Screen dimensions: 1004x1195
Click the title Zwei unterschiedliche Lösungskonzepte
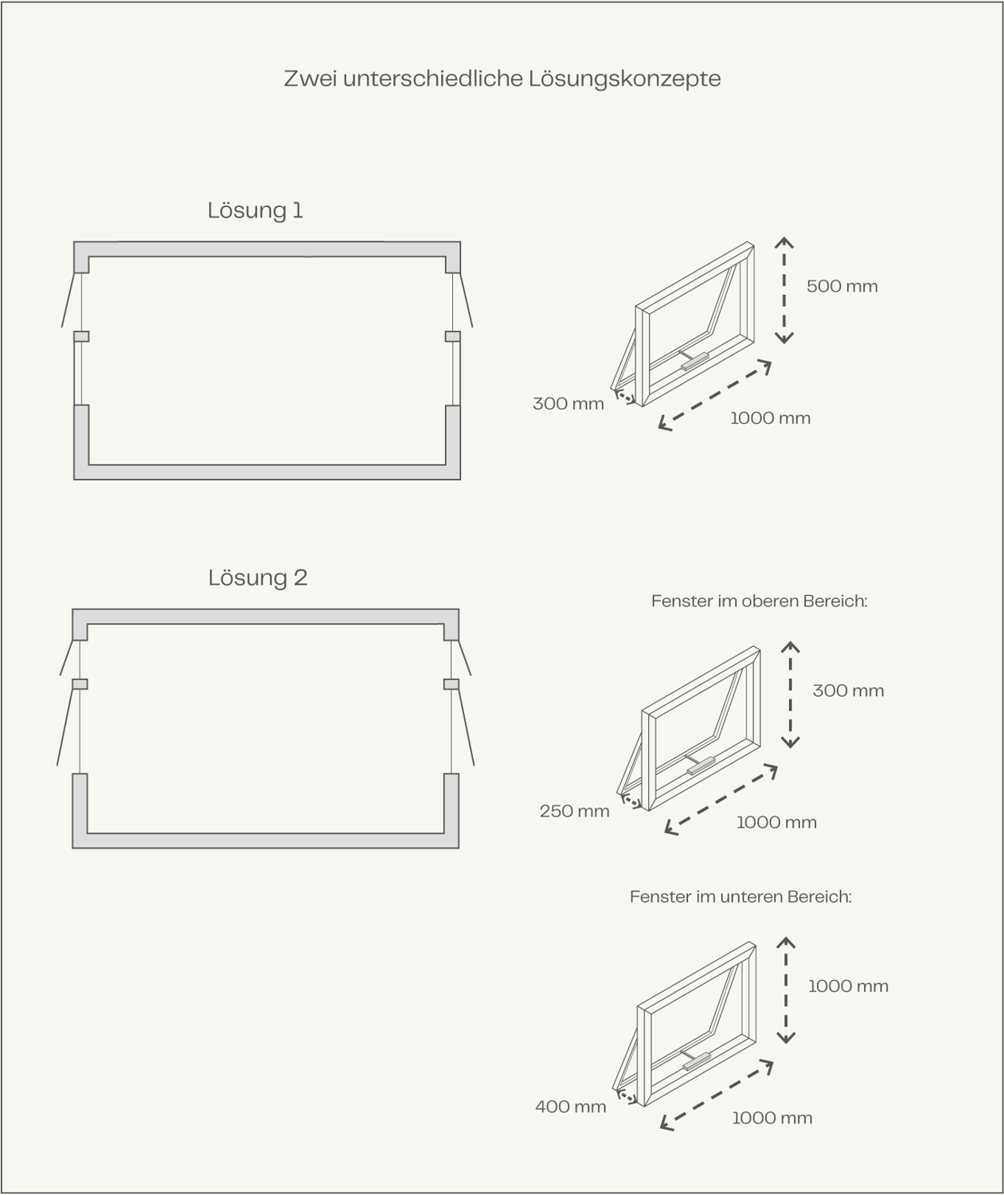pyautogui.click(x=502, y=79)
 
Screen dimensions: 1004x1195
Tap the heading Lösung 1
pyautogui.click(x=255, y=210)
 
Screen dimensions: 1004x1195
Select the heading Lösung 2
pyautogui.click(x=257, y=578)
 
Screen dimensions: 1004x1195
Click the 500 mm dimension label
pyautogui.click(x=842, y=286)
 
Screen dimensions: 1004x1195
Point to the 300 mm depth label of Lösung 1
pyautogui.click(x=568, y=404)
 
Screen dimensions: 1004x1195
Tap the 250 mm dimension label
pyautogui.click(x=574, y=812)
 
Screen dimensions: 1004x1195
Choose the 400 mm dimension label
pyautogui.click(x=570, y=1107)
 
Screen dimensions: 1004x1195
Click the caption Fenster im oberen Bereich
pyautogui.click(x=759, y=601)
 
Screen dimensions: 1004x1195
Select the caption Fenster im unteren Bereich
pyautogui.click(x=740, y=897)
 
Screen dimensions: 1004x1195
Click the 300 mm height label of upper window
pyautogui.click(x=849, y=691)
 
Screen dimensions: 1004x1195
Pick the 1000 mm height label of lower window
pyautogui.click(x=848, y=986)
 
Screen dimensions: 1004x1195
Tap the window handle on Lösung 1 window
pyautogui.click(x=694, y=362)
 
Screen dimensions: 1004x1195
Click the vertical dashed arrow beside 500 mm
pyautogui.click(x=783, y=290)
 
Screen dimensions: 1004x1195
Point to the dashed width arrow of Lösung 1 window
pyautogui.click(x=714, y=395)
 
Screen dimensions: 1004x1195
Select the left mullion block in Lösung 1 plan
pyautogui.click(x=81, y=336)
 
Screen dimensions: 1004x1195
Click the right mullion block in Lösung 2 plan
pyautogui.click(x=451, y=684)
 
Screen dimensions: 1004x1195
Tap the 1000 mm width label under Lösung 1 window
pyautogui.click(x=770, y=418)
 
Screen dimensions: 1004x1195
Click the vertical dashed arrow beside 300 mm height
pyautogui.click(x=790, y=695)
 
